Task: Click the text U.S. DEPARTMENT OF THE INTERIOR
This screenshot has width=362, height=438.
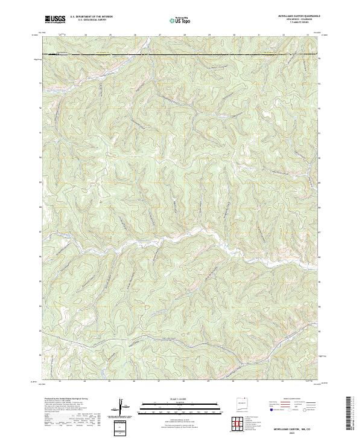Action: click(x=91, y=17)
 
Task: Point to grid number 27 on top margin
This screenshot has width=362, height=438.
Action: click(x=159, y=35)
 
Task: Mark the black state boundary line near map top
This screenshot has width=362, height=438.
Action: click(x=181, y=56)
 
